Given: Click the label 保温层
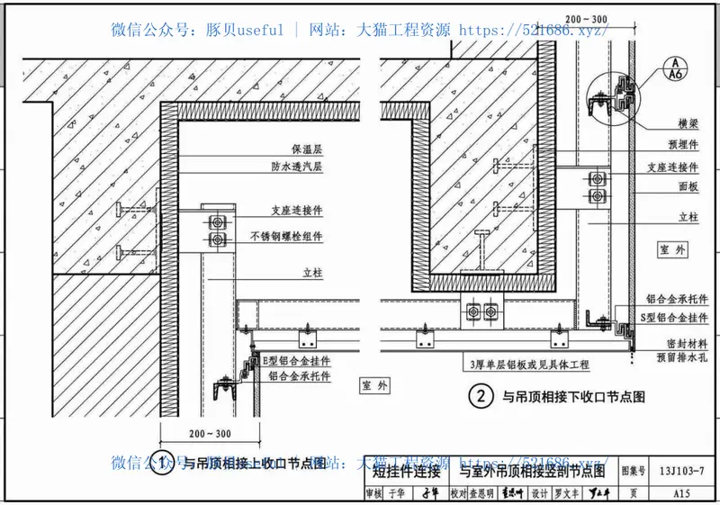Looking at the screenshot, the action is click(x=306, y=150).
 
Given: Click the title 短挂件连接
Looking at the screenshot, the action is click(x=407, y=470).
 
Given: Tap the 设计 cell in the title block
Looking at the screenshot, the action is click(x=539, y=493).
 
